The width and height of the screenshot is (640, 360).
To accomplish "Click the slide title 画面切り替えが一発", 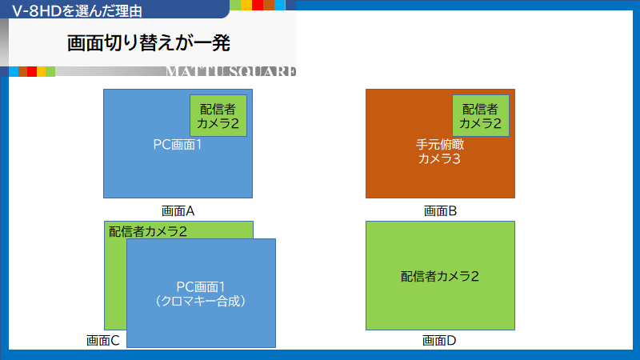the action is tap(149, 43).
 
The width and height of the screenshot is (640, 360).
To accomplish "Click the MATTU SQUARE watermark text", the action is tap(231, 71).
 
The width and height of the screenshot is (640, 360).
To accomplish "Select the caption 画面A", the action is tap(178, 211).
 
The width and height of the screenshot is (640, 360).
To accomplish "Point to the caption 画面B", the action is tap(441, 211).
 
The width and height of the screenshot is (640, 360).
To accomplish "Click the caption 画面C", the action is tap(103, 341).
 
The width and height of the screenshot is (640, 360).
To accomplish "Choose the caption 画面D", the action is tap(439, 341).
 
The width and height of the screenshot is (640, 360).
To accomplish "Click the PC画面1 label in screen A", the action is tap(178, 145).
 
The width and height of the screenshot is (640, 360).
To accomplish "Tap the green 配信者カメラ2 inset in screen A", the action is tap(218, 115).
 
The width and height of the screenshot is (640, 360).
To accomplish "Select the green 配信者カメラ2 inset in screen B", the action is tap(481, 115).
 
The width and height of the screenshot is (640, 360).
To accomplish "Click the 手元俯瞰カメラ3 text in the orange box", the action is tap(440, 151).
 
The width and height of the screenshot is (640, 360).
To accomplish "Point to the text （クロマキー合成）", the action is tap(201, 302).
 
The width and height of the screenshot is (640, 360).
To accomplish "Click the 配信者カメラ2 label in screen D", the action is tap(440, 276).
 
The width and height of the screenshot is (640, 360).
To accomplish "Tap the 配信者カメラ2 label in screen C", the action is tap(148, 231).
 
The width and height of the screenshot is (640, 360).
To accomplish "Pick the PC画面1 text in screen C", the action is tap(201, 287).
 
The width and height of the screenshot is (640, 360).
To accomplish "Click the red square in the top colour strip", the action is tap(258, 5).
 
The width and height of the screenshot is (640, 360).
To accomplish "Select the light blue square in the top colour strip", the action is tap(279, 5).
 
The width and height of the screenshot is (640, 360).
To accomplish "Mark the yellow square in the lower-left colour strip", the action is tap(42, 71).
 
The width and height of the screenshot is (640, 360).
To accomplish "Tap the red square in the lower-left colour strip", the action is tap(32, 71).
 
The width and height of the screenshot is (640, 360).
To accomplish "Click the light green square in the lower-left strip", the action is tap(50, 71).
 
